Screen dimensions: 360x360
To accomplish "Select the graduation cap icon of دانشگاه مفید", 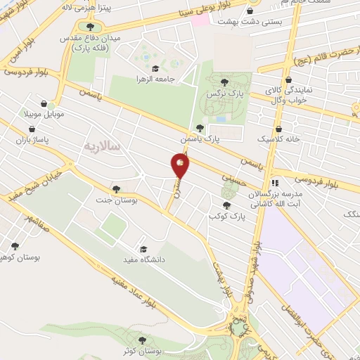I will (143, 250).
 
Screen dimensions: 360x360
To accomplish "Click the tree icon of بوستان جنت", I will (115, 188).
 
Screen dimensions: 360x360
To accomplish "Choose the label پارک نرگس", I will (224, 94).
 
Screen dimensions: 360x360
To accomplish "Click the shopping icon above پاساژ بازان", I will (32, 129).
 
